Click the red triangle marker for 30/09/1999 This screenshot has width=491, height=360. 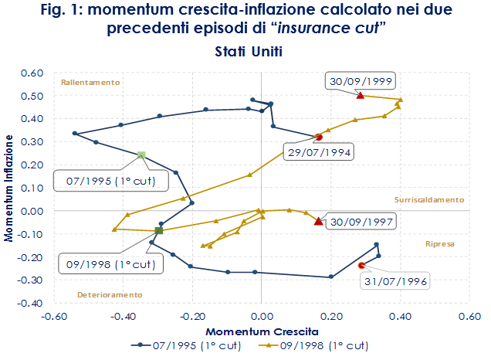[360, 95]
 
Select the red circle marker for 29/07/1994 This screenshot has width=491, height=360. [319, 138]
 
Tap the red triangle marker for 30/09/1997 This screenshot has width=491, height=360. [319, 221]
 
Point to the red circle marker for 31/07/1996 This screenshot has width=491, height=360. [361, 266]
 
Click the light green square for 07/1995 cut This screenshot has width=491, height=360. [141, 155]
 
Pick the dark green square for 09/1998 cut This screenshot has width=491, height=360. [159, 230]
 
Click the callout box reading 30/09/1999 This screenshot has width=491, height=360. [359, 81]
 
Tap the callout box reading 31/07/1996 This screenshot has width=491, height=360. [392, 280]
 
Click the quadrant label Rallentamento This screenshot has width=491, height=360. [90, 82]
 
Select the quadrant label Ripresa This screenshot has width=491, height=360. [440, 243]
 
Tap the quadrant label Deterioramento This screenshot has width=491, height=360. [110, 294]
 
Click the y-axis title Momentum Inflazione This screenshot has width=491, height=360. [10, 188]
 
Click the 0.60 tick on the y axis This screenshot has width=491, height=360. [31, 73]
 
